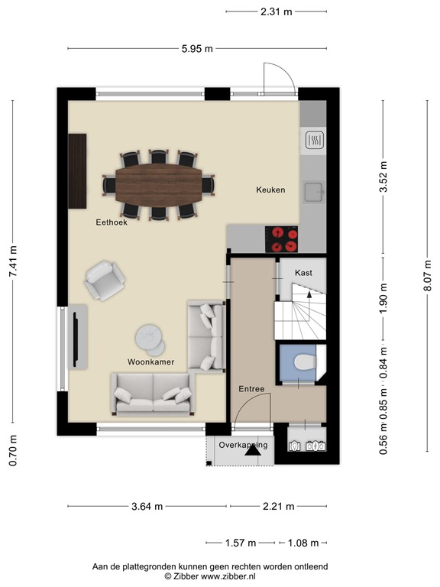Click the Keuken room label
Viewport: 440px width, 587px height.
[x=270, y=190]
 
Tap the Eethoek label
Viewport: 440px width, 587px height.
[x=111, y=223]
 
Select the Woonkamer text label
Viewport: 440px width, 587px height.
[x=150, y=361]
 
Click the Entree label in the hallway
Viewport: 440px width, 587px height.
[x=251, y=389]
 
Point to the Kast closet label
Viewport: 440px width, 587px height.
[x=303, y=272]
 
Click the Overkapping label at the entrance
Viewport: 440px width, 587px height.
[x=242, y=444]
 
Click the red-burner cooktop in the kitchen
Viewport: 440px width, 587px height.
[x=283, y=239]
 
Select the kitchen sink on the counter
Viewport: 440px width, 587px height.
[x=313, y=191]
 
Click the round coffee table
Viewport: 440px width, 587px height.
[x=149, y=336]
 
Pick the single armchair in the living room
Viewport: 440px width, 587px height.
[x=104, y=280]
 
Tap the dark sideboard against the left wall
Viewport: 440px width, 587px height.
[x=77, y=170]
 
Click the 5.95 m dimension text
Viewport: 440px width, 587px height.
[x=198, y=49]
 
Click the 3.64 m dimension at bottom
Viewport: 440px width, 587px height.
[x=147, y=506]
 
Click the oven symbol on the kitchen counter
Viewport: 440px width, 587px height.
[x=314, y=139]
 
